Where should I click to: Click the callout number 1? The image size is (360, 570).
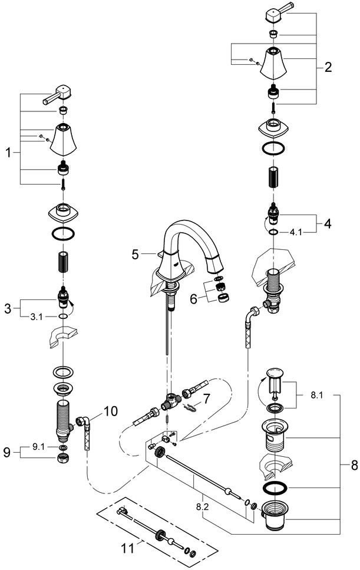[x=8, y=153]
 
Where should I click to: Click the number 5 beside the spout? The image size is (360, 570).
[x=135, y=255]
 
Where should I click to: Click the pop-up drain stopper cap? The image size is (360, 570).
[x=275, y=374]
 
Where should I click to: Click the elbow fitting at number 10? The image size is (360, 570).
[x=84, y=423]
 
